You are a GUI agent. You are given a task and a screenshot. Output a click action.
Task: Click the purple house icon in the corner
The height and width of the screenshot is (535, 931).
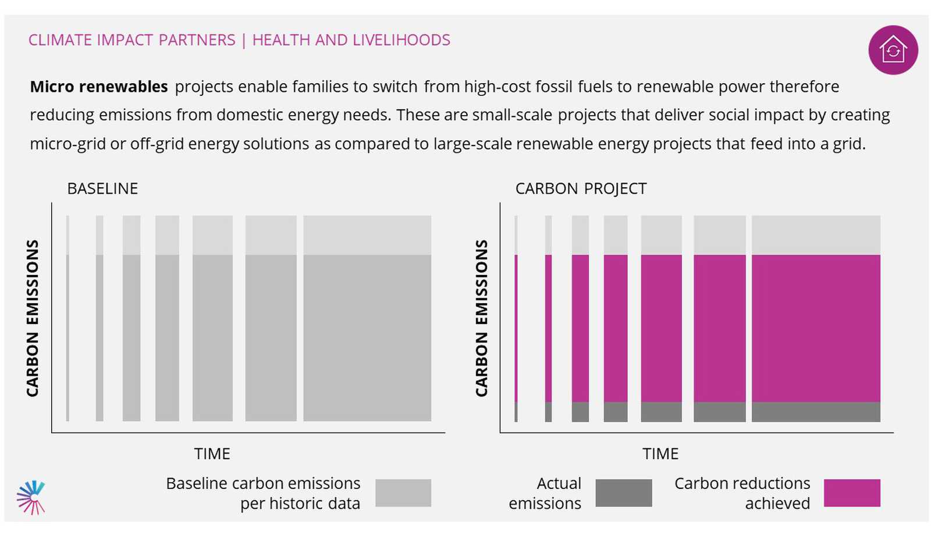tap(893, 50)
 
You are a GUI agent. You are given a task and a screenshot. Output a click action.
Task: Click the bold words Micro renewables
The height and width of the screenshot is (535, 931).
tap(99, 87)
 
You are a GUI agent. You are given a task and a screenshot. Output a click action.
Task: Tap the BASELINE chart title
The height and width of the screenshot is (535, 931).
tap(102, 188)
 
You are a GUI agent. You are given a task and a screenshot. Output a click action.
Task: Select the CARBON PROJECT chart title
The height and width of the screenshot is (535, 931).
tap(581, 188)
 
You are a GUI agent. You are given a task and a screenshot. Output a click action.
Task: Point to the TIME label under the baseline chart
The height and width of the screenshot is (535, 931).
tap(212, 454)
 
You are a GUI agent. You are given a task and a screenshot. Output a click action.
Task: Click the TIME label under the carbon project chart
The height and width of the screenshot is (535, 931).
tap(660, 454)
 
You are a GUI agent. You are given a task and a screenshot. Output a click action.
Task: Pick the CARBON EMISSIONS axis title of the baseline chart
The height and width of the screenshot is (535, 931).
tap(33, 318)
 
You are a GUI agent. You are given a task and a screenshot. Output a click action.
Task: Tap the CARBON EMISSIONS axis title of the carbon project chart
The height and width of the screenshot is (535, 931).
tap(481, 318)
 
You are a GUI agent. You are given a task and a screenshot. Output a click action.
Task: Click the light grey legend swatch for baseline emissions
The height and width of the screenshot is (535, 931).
tap(403, 493)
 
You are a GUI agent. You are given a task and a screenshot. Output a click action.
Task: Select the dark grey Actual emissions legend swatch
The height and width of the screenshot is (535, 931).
tap(623, 493)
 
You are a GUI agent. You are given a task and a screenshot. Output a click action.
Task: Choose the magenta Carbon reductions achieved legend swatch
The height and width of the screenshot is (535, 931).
tap(852, 493)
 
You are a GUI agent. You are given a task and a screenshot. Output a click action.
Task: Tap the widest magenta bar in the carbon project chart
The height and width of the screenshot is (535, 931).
tap(816, 329)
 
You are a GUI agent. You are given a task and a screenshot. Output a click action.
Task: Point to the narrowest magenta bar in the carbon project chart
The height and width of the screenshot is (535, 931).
tap(516, 329)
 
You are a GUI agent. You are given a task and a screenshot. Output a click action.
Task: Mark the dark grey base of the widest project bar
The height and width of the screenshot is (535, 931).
tap(816, 412)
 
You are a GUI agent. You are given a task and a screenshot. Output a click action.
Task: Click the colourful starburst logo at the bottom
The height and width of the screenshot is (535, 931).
tap(31, 497)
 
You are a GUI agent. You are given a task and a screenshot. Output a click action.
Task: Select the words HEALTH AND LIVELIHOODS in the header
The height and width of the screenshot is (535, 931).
tap(351, 40)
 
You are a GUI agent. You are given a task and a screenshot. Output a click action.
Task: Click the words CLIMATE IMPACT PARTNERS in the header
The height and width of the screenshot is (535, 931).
tap(132, 40)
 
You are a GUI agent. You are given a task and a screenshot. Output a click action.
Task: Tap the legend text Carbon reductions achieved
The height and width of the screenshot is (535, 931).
tap(742, 493)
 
